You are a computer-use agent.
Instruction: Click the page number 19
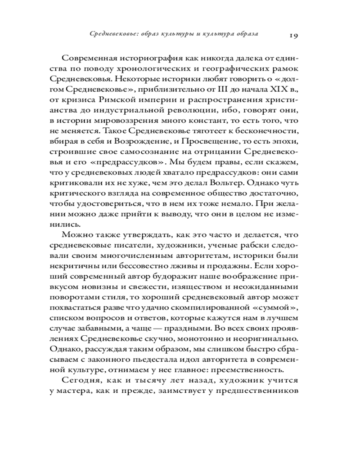pyautogui.click(x=288, y=36)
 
